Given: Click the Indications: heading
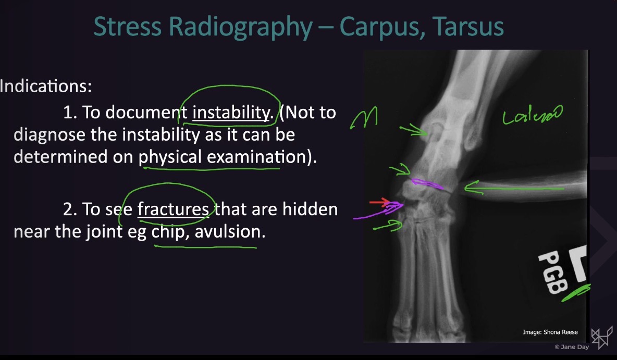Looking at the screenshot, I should (x=46, y=86).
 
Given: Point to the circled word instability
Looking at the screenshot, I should (x=229, y=112).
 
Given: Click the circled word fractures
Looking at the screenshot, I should (x=173, y=209).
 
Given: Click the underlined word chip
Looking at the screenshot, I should (x=168, y=231).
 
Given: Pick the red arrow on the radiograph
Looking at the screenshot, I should (x=379, y=202).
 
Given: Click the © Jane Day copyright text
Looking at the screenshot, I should (x=571, y=346).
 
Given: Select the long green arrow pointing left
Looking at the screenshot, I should (x=513, y=188).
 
